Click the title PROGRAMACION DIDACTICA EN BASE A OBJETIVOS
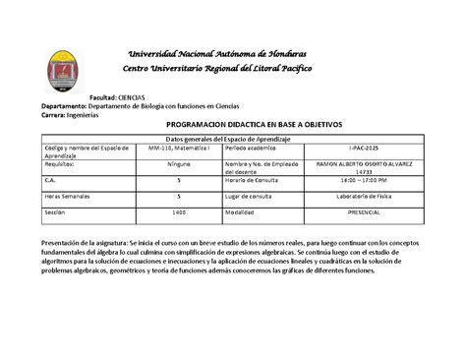tap(233, 127)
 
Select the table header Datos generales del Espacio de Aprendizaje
tap(233, 139)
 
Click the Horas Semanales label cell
tap(68, 196)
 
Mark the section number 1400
tap(178, 211)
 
